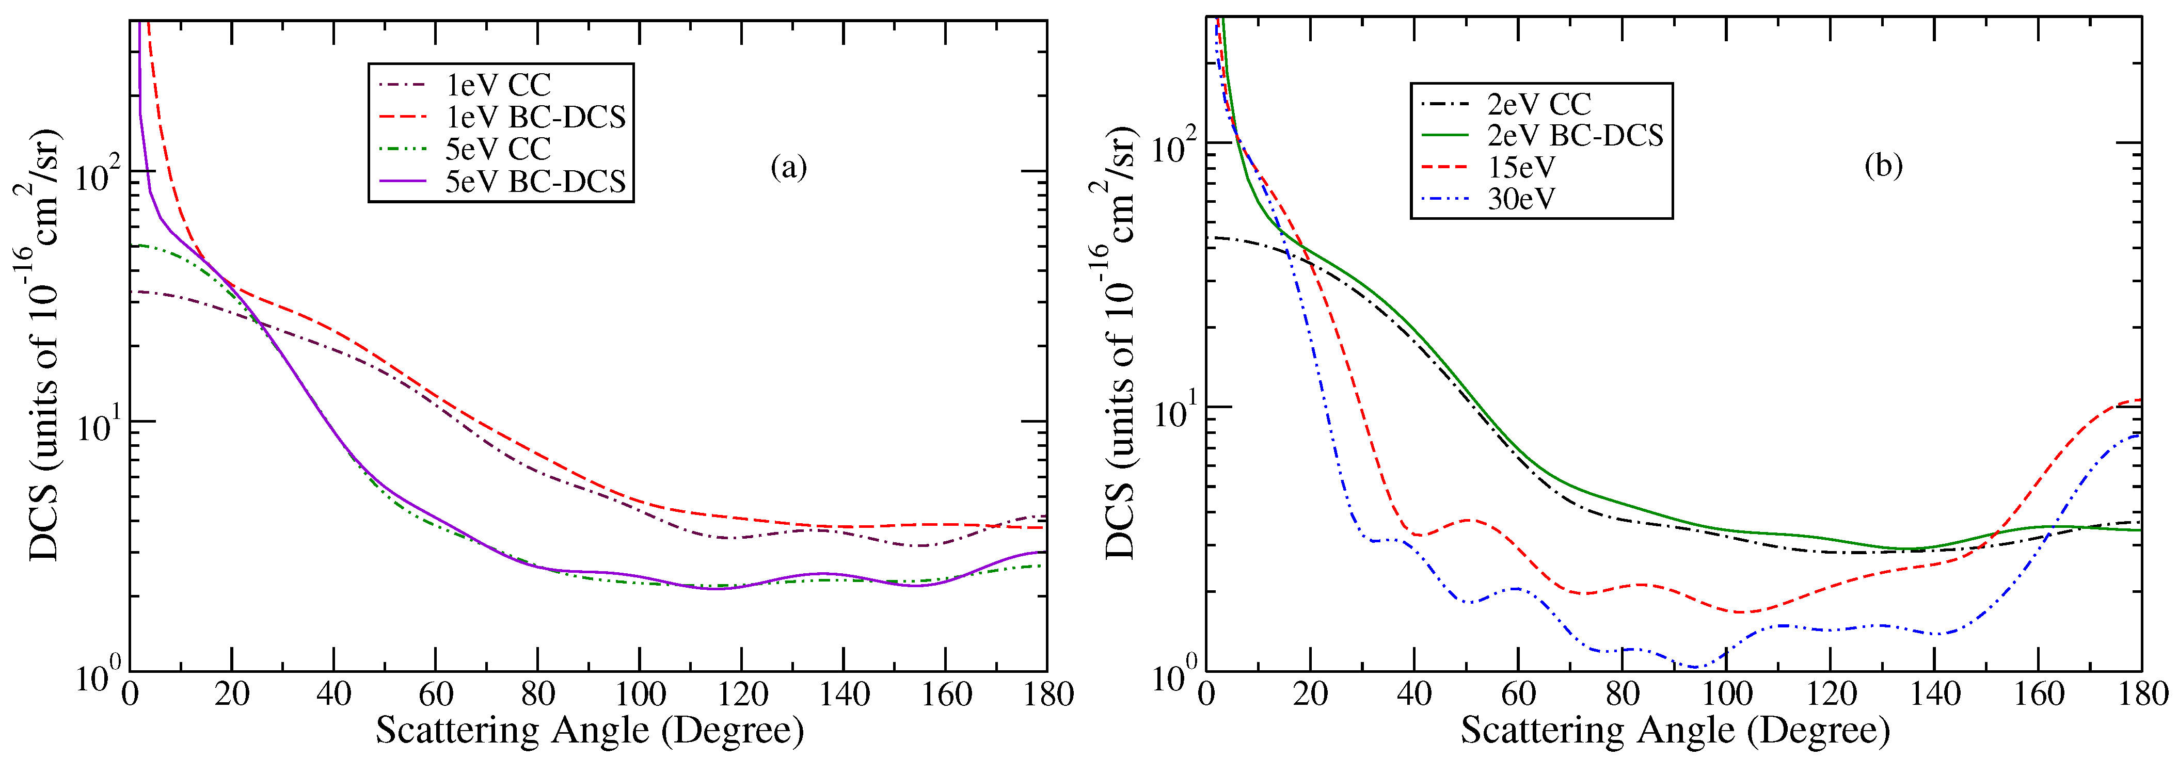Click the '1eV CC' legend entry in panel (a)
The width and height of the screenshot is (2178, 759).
[x=498, y=85]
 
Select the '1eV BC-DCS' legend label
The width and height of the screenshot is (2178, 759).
[x=535, y=117]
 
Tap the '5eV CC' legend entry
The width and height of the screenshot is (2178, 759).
[x=498, y=149]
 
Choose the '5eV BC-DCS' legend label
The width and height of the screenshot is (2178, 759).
[x=535, y=181]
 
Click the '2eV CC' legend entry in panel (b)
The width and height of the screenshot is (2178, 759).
[x=1539, y=104]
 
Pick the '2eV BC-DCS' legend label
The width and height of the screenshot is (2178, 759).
[x=1575, y=135]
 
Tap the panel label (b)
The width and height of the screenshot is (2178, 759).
[x=1883, y=166]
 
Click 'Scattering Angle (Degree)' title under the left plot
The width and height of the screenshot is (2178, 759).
[x=590, y=730]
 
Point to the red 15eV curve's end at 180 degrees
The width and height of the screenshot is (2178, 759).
[x=2140, y=400]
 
